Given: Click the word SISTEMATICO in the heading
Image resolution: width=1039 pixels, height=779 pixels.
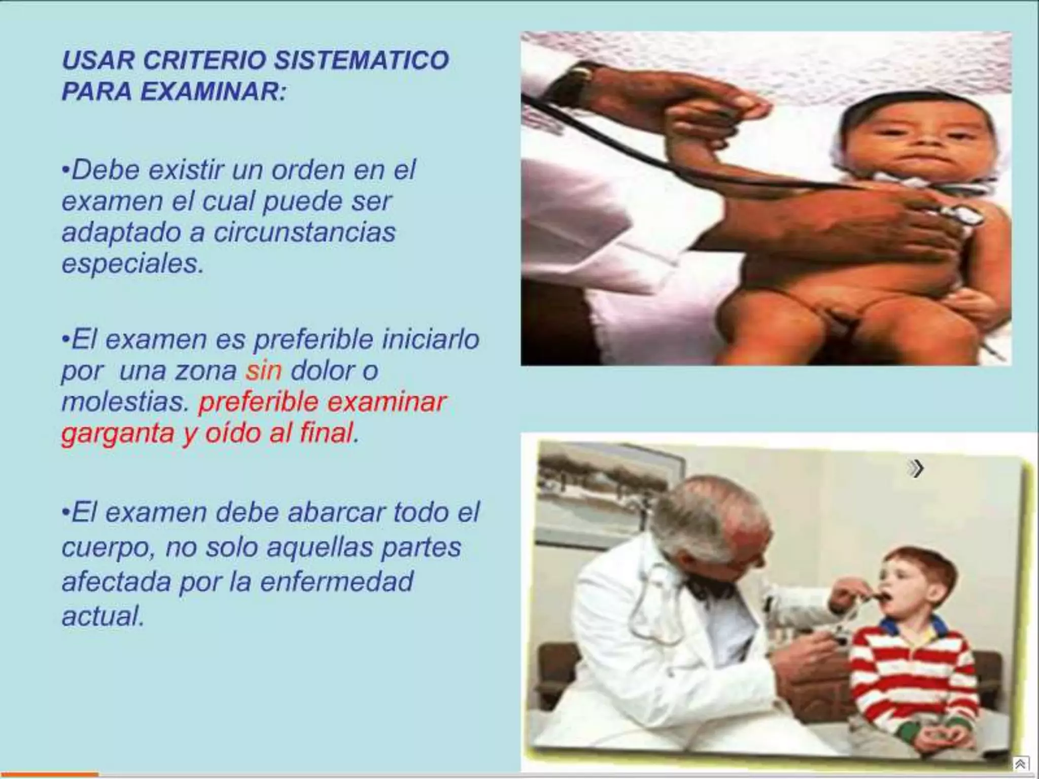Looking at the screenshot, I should pos(361,60).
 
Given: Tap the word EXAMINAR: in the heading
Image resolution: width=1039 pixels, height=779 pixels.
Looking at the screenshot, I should pos(213,92).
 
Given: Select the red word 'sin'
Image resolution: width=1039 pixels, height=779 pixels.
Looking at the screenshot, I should pos(263,371).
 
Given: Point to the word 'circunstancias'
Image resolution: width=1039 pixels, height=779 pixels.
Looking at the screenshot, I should pos(304,233).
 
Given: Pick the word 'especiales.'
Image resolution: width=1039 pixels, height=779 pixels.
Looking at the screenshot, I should pos(132,264).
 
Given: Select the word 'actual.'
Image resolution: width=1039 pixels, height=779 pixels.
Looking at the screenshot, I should pos(103,616).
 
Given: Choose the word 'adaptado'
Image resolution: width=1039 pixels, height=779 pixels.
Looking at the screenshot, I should pos(121,233).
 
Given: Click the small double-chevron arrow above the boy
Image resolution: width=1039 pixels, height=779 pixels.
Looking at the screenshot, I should pos(916,469).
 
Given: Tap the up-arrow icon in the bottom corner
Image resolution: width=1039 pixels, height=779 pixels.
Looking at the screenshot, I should pos(1020,764).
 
